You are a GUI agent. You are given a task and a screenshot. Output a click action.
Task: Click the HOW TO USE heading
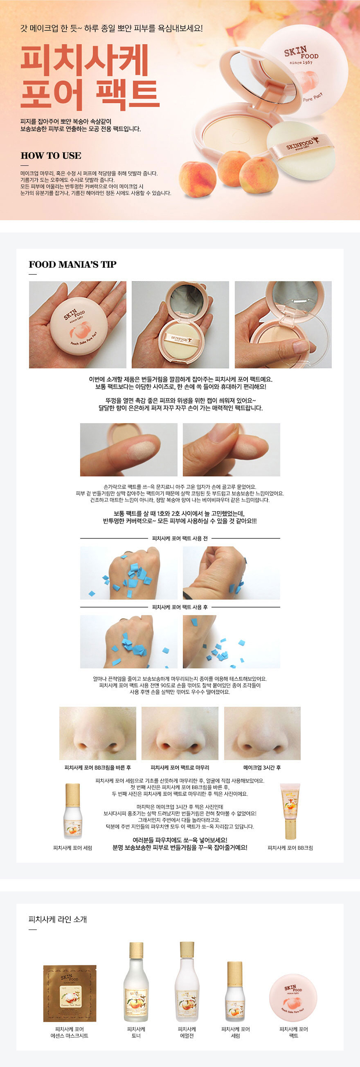[51, 156]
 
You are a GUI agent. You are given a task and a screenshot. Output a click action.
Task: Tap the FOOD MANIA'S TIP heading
[72, 265]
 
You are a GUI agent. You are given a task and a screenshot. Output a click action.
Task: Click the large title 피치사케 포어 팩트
[90, 77]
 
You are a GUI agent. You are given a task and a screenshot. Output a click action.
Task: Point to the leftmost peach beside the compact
[197, 179]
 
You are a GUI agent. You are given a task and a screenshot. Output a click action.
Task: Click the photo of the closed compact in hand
[78, 325]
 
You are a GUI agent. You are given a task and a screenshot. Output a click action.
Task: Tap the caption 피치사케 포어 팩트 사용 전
[180, 538]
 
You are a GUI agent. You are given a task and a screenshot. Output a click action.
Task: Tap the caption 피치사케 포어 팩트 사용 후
[180, 607]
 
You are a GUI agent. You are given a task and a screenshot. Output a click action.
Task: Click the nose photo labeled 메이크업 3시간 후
[262, 733]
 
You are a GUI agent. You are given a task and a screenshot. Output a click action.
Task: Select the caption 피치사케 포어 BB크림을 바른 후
[97, 767]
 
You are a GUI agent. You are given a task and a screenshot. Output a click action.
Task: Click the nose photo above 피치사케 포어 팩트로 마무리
[180, 733]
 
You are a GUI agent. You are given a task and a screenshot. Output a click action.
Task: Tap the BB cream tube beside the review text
[290, 811]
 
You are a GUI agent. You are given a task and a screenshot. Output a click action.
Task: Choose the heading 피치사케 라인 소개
[58, 919]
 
